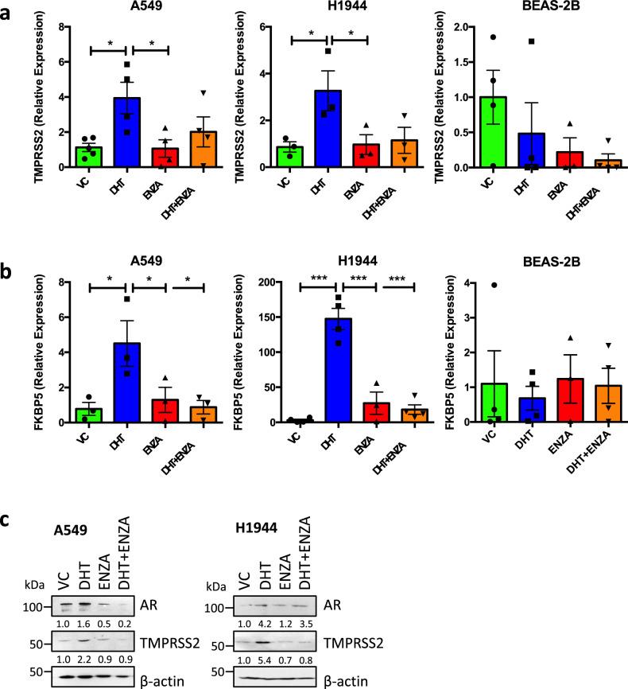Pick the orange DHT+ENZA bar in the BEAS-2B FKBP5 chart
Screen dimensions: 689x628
pos(584,404)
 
